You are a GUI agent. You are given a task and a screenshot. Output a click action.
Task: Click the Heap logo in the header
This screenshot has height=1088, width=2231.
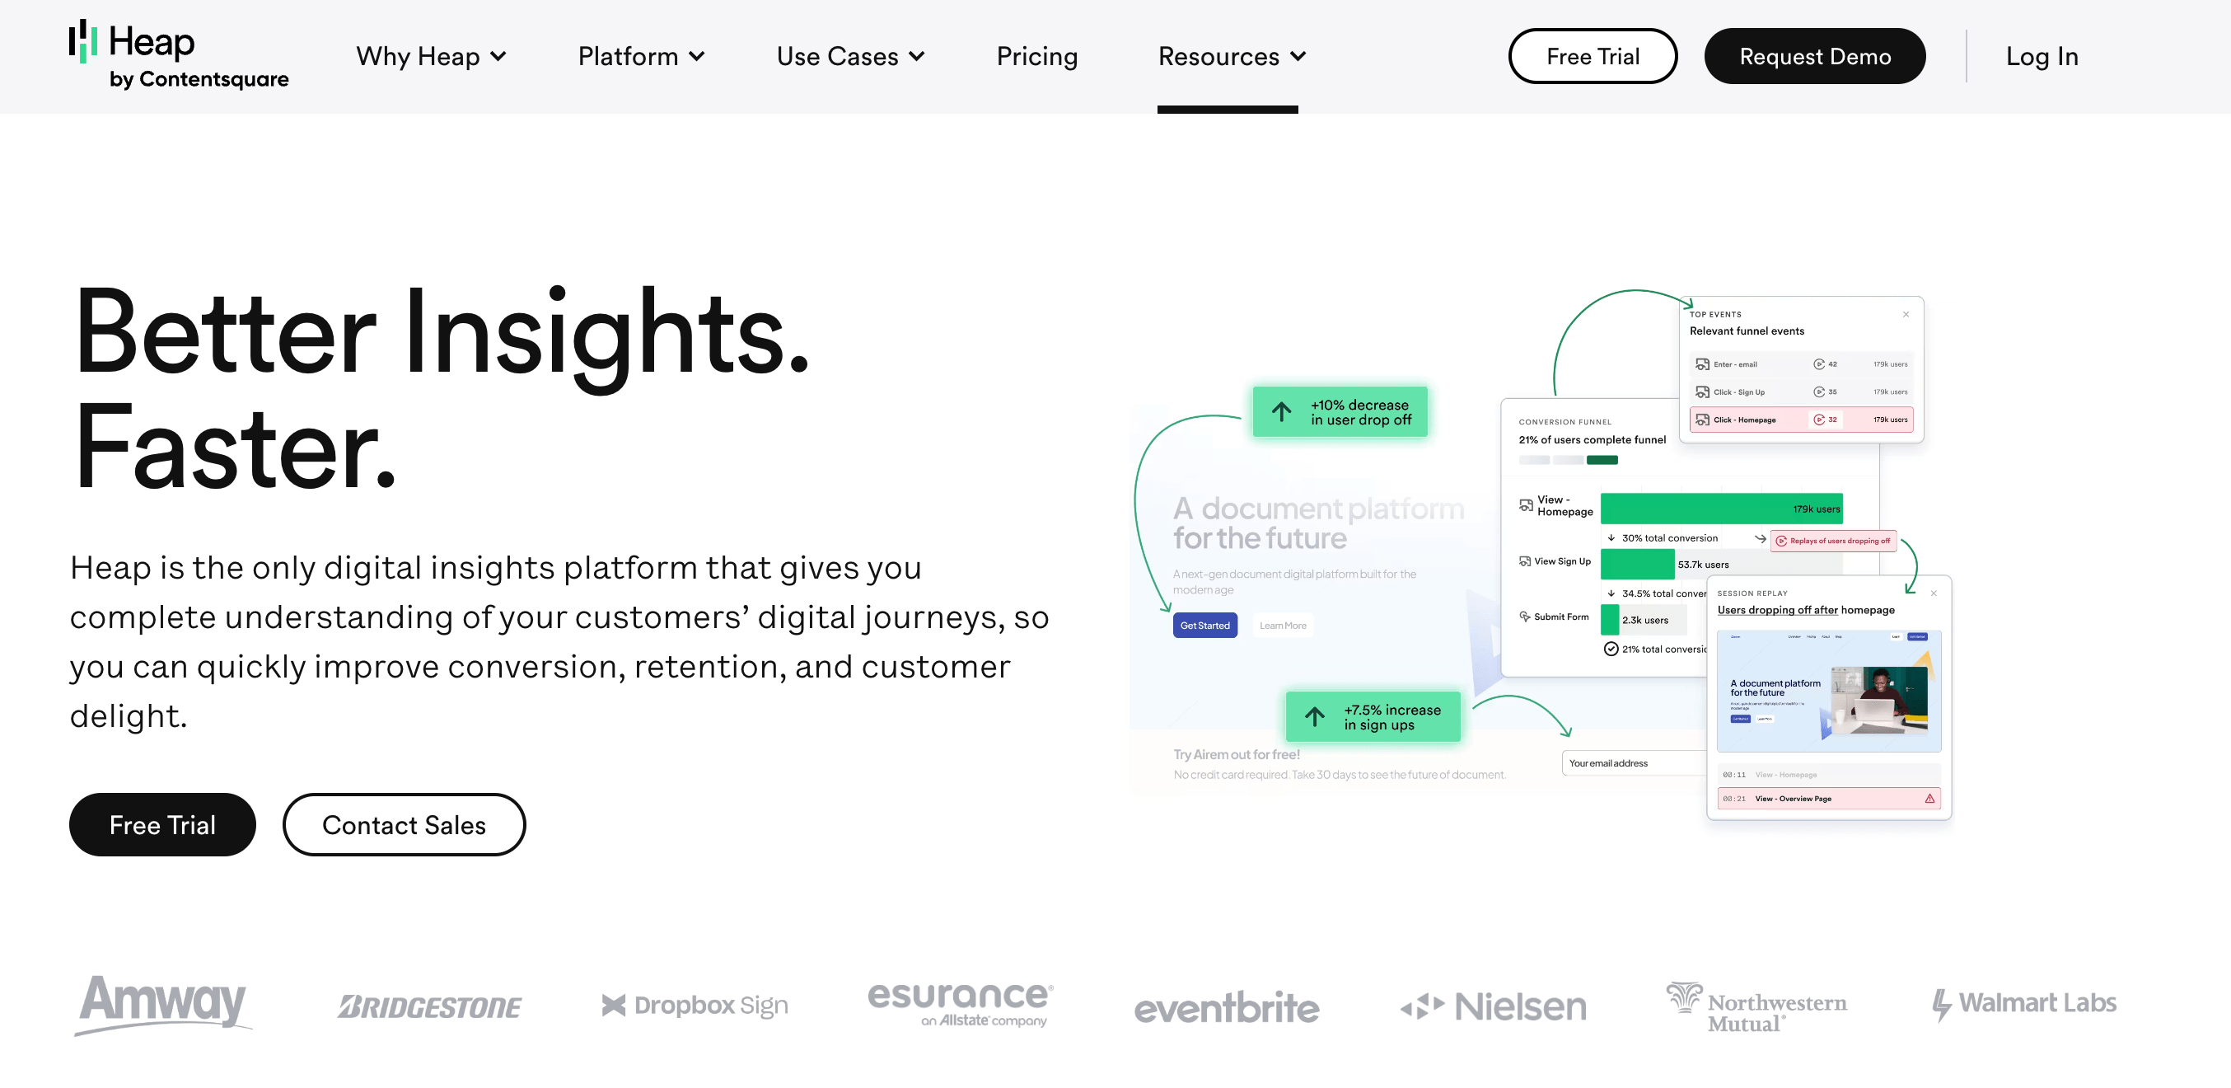[179, 54]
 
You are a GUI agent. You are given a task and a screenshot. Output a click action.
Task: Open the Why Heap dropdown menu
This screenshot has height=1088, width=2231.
[430, 56]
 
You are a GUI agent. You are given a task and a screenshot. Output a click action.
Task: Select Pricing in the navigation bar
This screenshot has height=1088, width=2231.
[1036, 56]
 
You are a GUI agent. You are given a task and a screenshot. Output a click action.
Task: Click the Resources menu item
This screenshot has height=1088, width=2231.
[1231, 56]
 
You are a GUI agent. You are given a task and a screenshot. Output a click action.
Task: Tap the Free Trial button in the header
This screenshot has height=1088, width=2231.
[1592, 56]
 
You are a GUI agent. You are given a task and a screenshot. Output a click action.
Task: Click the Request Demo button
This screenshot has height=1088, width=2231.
[1814, 56]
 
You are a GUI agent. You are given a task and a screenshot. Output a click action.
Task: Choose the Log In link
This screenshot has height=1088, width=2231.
[2042, 56]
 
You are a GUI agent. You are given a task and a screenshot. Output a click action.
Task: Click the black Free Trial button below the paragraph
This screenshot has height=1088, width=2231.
[162, 825]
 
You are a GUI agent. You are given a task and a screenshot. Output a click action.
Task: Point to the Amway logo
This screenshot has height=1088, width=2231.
[163, 1003]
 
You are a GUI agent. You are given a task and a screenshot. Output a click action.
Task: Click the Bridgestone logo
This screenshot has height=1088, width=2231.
[429, 1006]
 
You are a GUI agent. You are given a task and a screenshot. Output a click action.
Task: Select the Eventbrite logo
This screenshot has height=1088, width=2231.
[1227, 1006]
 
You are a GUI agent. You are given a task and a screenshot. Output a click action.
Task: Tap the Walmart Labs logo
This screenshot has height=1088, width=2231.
[2024, 1003]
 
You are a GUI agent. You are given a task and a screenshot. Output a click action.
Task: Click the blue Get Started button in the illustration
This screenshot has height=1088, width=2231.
[1204, 626]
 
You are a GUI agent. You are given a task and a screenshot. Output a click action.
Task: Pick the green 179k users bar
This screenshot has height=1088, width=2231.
[1720, 509]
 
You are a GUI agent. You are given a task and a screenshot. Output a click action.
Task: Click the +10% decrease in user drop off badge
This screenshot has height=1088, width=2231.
[1340, 412]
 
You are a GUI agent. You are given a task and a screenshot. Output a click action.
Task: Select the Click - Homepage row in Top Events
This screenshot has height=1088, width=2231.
[1801, 420]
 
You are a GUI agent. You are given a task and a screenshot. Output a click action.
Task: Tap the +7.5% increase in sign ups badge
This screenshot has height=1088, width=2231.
[1373, 717]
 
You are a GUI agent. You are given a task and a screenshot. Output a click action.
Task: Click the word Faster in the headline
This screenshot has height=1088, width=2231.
[234, 449]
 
